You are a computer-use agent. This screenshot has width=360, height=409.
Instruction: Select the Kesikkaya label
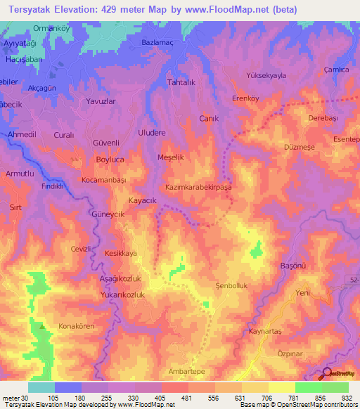(120, 253)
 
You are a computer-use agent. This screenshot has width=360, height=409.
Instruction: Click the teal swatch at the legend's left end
(41, 387)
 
